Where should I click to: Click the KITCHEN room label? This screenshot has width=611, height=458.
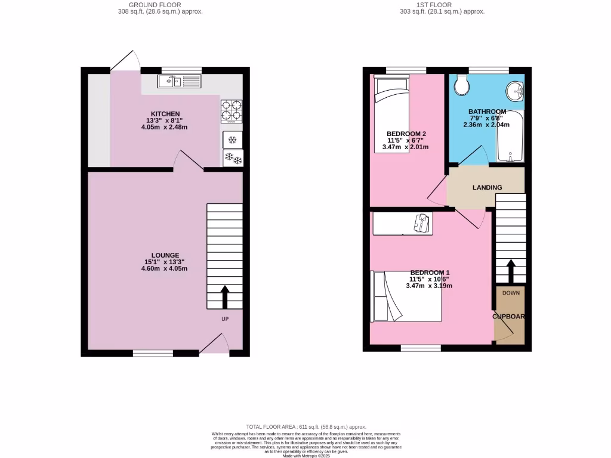pos(165,114)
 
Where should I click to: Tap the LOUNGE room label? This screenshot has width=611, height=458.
pos(165,255)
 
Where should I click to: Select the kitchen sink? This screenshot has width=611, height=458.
pos(180,81)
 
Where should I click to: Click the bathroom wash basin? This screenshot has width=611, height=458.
pos(514,91)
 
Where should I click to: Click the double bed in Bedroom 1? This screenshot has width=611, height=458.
pos(406,296)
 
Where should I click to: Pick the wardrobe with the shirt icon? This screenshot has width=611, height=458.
pos(403,224)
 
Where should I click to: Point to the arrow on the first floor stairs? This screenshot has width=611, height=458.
pos(511,271)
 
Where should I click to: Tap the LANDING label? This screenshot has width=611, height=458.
pos(487,187)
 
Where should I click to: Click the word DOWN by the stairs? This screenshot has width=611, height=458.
pos(511,293)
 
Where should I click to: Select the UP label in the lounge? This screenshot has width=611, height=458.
pos(225,319)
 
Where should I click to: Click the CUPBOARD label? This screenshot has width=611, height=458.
pos(509,317)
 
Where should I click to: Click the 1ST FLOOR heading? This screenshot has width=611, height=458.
pos(442,5)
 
